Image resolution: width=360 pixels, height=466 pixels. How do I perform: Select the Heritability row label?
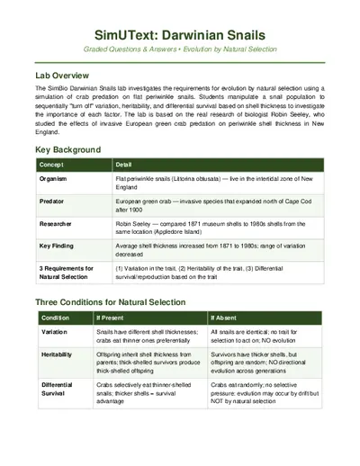point(58,355)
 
